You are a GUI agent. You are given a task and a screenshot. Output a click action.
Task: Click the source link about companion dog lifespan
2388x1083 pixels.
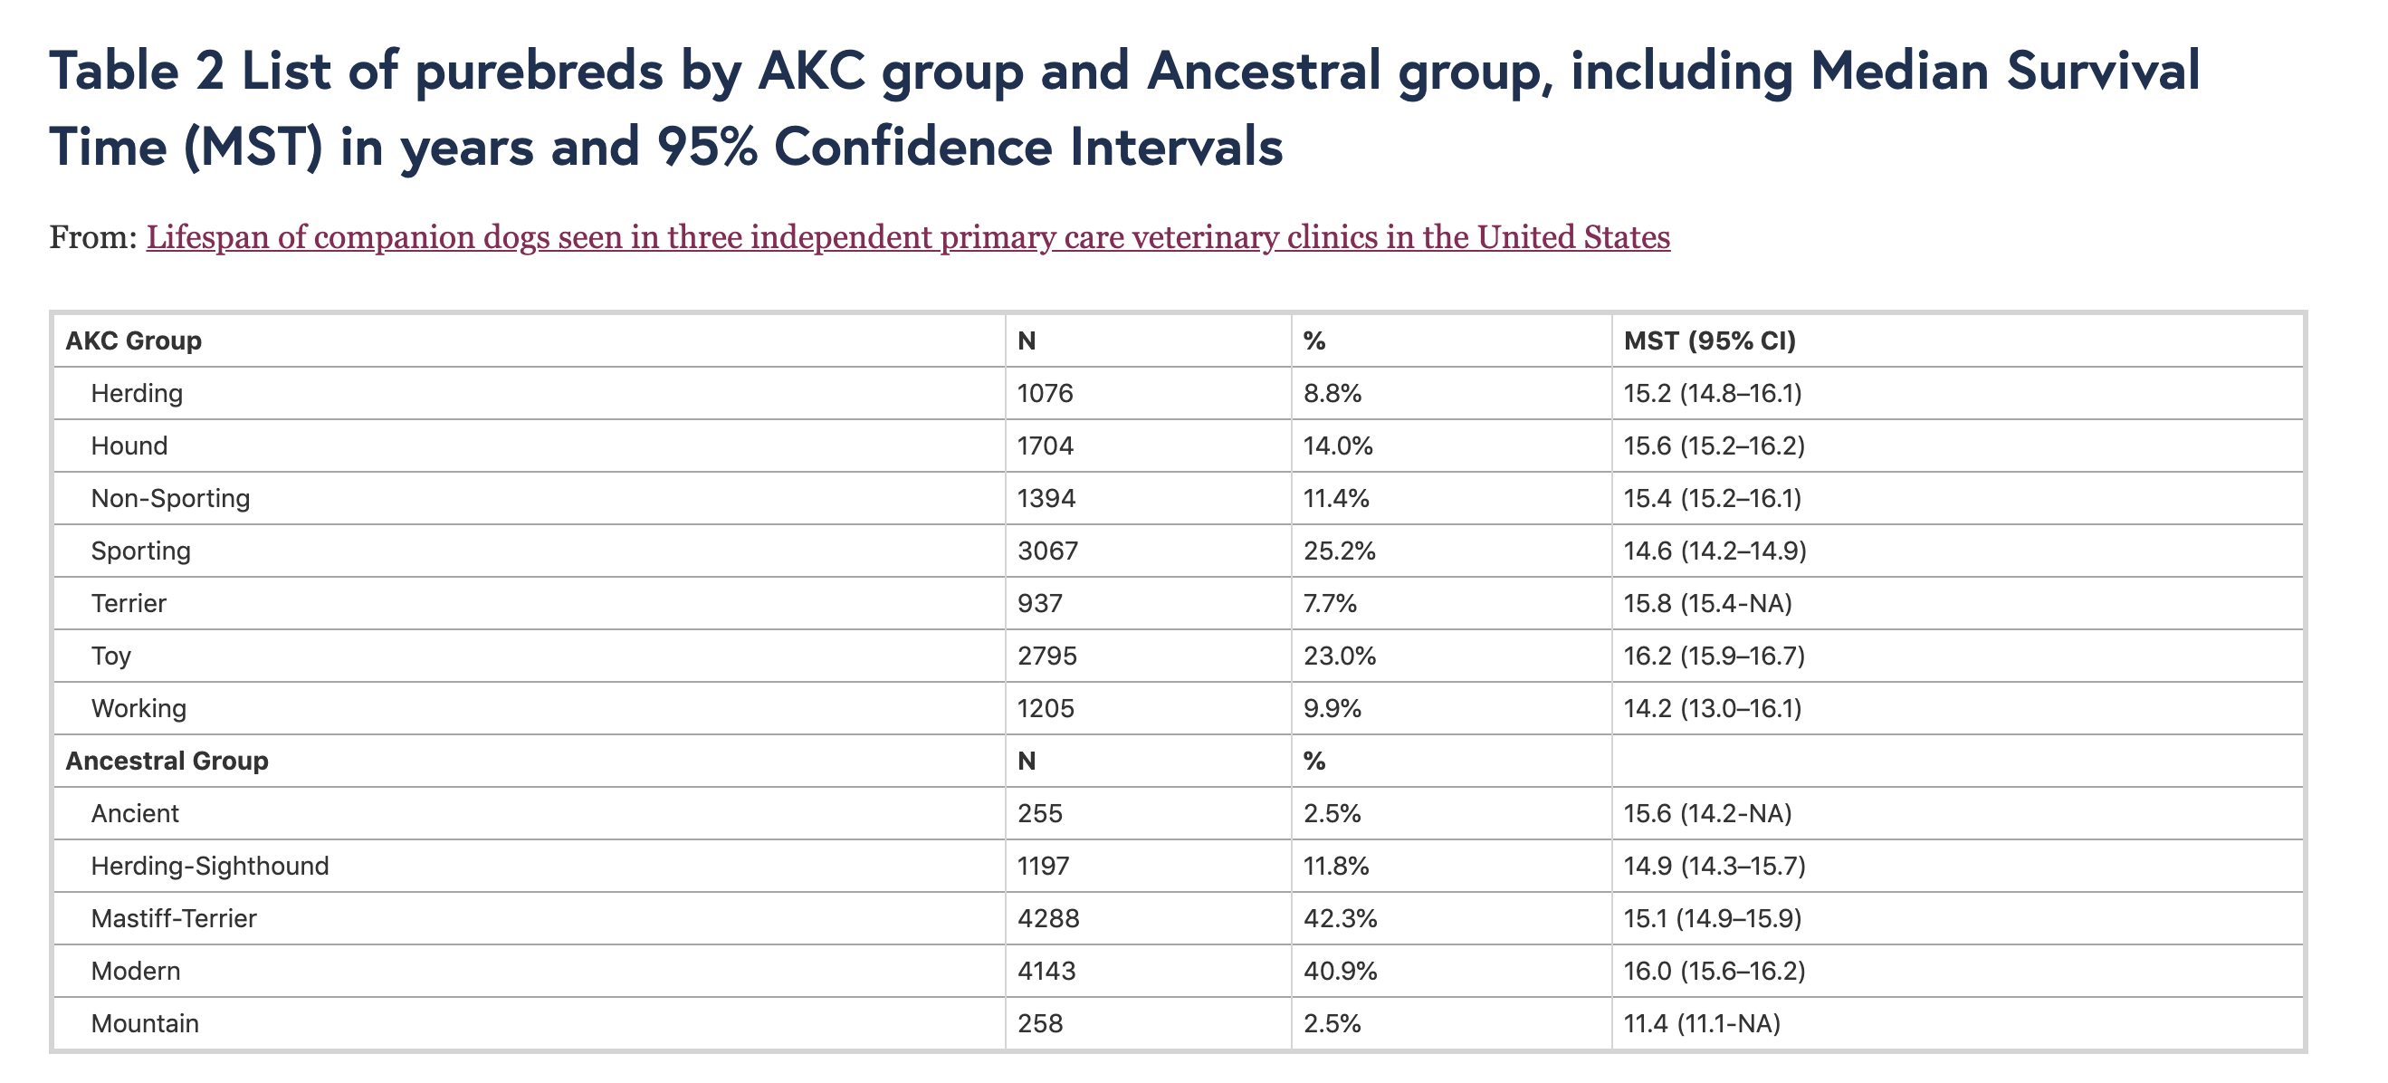point(909,237)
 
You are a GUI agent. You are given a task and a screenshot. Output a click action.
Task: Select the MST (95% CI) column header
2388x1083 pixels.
point(1709,340)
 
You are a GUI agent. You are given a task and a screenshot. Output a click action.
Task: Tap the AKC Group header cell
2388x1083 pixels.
point(133,340)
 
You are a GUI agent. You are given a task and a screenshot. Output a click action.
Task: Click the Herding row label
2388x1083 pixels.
point(138,393)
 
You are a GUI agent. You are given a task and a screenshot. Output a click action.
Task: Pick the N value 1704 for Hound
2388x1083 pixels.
point(1046,446)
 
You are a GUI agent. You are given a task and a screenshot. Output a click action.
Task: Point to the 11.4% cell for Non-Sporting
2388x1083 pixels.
point(1336,498)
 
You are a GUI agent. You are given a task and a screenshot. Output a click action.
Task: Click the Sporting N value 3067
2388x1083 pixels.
point(1047,551)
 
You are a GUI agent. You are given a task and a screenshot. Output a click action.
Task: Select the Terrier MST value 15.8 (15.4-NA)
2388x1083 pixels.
point(1707,604)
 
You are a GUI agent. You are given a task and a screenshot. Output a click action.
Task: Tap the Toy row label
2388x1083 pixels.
point(111,657)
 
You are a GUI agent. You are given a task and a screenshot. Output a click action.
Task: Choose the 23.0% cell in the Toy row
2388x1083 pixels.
point(1340,657)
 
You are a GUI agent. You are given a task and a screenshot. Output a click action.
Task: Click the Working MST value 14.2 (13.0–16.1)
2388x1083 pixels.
point(1712,708)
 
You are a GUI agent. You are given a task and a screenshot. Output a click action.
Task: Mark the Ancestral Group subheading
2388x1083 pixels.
point(167,762)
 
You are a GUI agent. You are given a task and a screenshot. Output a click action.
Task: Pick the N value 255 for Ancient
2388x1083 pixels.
point(1040,813)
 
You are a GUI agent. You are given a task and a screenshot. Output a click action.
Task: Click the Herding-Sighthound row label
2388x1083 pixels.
point(210,866)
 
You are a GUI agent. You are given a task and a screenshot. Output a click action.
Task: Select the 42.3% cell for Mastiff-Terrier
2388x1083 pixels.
point(1340,919)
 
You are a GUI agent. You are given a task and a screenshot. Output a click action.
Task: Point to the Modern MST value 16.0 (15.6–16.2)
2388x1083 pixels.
point(1715,971)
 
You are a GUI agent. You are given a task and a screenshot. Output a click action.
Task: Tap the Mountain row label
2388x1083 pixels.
point(146,1023)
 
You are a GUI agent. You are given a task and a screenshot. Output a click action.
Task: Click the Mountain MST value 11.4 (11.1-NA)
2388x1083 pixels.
point(1702,1023)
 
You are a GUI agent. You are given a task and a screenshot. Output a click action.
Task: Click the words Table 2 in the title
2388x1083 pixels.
point(138,72)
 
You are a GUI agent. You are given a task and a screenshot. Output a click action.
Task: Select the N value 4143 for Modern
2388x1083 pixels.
point(1046,971)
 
